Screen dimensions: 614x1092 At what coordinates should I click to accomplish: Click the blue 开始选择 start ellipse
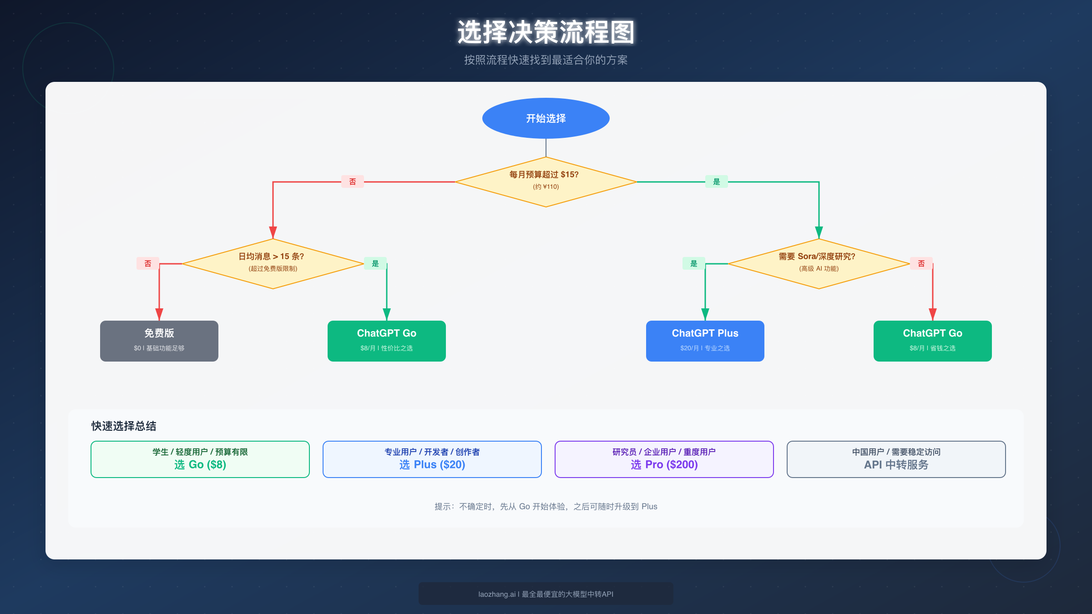546,118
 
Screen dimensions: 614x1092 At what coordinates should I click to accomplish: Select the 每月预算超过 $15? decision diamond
546,181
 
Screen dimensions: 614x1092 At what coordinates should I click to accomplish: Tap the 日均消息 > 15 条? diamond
273,263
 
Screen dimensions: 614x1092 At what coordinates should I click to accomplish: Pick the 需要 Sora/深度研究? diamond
819,263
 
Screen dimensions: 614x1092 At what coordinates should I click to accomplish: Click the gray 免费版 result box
159,341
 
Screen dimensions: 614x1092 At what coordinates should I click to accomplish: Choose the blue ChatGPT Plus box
705,341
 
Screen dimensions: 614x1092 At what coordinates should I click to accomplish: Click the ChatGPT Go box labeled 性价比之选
386,341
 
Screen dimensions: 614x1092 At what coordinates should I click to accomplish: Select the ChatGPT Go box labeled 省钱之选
932,341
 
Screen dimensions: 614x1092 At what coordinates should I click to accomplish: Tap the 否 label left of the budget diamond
353,181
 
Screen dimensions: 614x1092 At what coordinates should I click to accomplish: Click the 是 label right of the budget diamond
717,181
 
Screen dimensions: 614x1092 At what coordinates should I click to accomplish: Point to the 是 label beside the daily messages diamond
375,263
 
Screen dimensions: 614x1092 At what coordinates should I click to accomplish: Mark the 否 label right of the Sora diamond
921,263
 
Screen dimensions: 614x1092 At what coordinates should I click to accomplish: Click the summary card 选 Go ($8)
200,459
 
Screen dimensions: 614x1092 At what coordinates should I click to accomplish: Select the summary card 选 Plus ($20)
432,459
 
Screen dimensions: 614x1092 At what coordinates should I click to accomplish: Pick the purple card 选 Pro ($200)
664,459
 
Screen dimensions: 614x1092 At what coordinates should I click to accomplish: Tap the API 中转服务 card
896,459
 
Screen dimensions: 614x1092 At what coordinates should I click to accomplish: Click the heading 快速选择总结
124,426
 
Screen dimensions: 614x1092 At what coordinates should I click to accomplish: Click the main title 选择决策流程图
546,32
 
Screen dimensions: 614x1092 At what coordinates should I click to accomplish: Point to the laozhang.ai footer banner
546,594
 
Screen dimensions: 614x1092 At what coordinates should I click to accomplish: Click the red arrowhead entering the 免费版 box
159,314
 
